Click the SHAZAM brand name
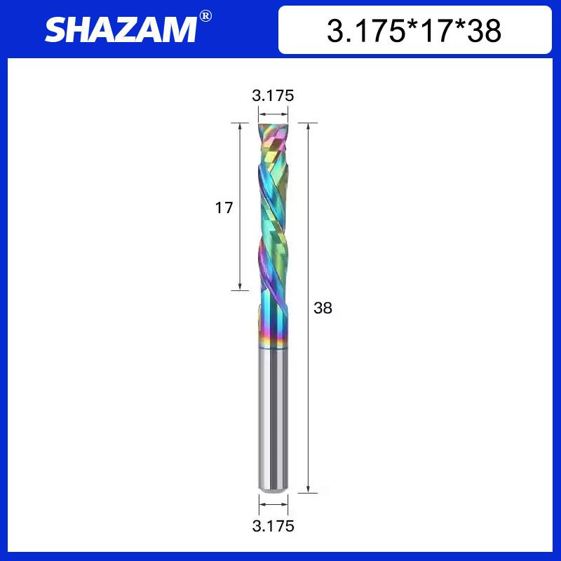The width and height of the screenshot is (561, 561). [121, 30]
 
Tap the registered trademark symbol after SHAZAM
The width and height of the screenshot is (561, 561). [205, 15]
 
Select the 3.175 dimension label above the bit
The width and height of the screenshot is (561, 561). [272, 95]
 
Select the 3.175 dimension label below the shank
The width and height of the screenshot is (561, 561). [272, 525]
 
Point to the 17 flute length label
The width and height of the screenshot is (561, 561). [224, 208]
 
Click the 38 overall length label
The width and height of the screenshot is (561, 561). [323, 307]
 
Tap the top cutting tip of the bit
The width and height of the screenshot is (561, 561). [272, 127]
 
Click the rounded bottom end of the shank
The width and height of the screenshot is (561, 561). [272, 489]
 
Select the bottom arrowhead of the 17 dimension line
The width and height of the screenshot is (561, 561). [240, 285]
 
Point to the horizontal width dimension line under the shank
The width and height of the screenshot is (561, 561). [272, 503]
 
